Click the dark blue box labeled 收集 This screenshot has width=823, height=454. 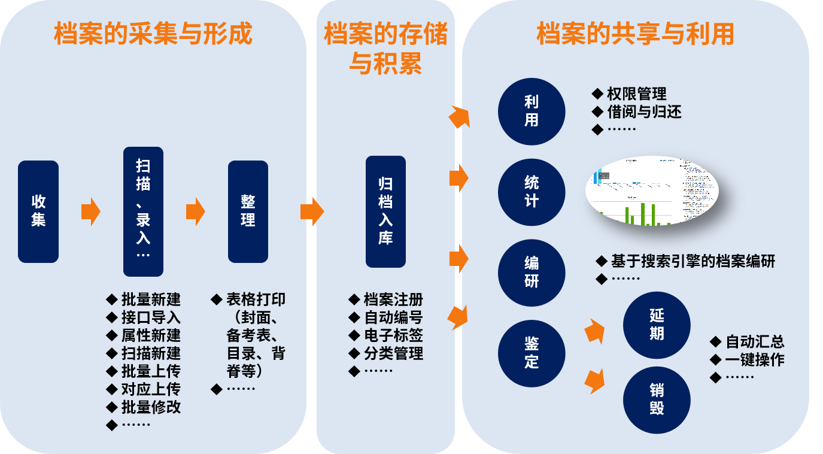38,211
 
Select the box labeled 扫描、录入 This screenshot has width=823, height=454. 143,211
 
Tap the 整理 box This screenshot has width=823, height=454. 248,211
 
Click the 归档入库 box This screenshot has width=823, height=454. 385,211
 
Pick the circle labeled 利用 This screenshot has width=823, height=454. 532,111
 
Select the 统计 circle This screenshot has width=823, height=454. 532,192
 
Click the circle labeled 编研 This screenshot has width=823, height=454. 532,273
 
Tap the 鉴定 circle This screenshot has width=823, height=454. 532,353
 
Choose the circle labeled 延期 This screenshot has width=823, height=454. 657,325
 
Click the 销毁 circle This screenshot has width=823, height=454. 657,400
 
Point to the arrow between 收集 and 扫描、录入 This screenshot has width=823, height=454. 91,211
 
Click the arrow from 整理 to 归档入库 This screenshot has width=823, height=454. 312,211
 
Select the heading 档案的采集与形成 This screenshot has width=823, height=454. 153,34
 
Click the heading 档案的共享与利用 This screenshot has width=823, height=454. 635,34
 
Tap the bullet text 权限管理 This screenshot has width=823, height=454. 636,94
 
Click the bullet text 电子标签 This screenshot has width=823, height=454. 393,335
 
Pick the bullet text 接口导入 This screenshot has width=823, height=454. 151,317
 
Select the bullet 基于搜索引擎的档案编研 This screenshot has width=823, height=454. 693,261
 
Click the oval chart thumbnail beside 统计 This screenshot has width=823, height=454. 651,192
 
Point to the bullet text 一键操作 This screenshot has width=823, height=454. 755,359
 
